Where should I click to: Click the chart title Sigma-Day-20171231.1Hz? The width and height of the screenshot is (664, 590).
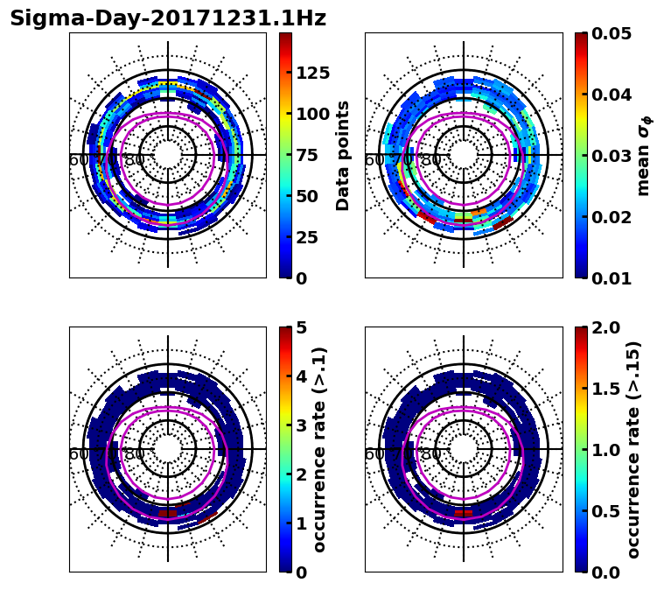(x=168, y=18)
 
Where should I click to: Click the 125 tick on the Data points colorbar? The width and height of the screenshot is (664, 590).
(x=312, y=73)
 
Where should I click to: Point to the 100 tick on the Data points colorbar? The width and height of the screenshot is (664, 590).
(x=312, y=114)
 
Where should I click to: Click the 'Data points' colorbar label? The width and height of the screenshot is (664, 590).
(x=343, y=155)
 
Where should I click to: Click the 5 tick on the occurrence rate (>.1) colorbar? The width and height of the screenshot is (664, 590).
(x=302, y=327)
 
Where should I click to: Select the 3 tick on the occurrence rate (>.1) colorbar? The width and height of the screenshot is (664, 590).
(x=302, y=425)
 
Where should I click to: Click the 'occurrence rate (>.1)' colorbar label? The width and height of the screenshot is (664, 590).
(x=319, y=450)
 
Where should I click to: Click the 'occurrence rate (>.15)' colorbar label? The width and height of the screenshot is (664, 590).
(x=633, y=450)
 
